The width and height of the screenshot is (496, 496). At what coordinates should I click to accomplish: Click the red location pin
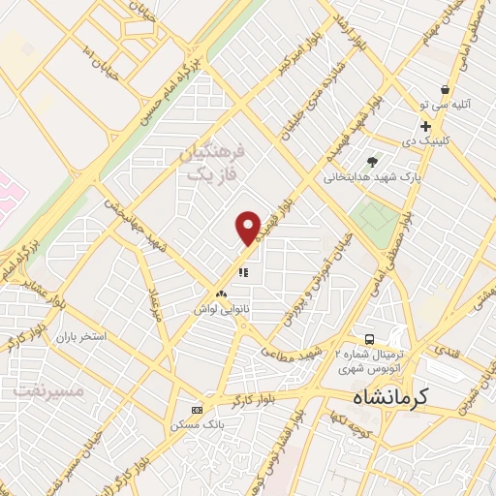coord(248,228)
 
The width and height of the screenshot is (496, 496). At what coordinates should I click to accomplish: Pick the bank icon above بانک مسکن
coord(198,410)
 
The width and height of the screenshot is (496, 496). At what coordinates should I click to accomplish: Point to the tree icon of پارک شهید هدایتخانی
coord(373,161)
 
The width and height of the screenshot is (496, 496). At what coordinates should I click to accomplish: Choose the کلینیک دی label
coord(425,142)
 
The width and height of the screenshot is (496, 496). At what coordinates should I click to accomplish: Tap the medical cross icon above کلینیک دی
coord(425,126)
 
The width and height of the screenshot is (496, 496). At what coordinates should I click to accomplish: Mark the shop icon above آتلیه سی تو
coord(445,88)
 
